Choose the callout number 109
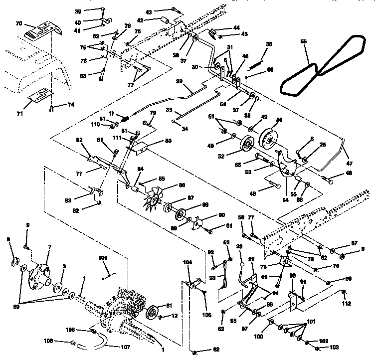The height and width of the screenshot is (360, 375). point(102,259)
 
